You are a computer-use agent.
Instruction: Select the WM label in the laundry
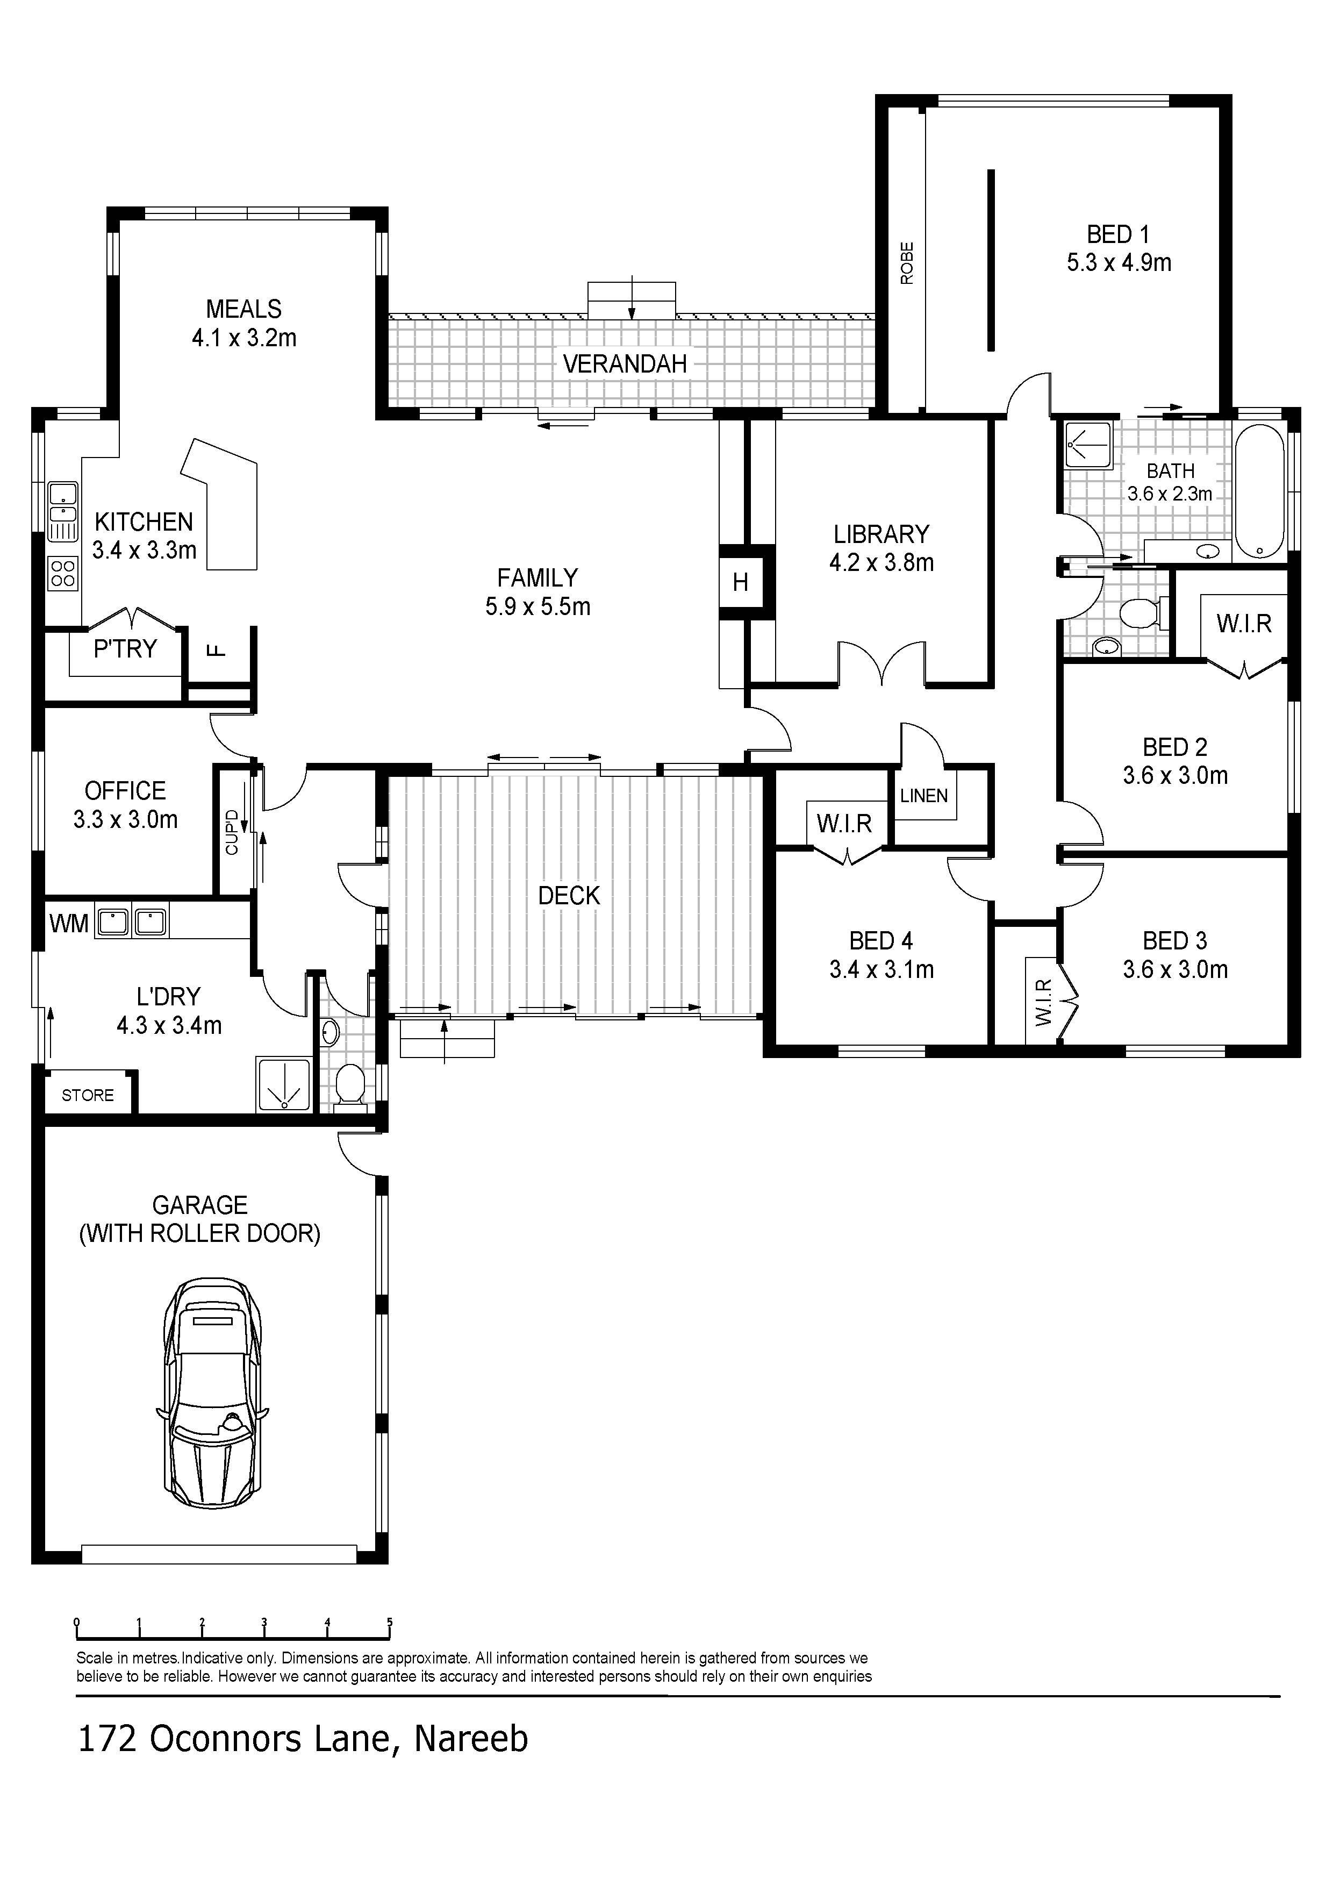pyautogui.click(x=68, y=923)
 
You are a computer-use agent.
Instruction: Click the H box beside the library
pyautogui.click(x=741, y=582)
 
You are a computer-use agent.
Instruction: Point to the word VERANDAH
pyautogui.click(x=625, y=364)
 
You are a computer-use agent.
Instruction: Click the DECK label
pyautogui.click(x=569, y=895)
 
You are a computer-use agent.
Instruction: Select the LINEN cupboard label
pyautogui.click(x=924, y=795)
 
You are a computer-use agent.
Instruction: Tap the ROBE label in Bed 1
pyautogui.click(x=907, y=263)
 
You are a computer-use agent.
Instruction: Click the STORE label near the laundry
pyautogui.click(x=88, y=1095)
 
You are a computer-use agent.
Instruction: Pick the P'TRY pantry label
pyautogui.click(x=125, y=649)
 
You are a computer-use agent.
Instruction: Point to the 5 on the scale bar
pyautogui.click(x=389, y=1623)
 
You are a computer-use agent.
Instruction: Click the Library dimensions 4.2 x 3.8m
pyautogui.click(x=881, y=563)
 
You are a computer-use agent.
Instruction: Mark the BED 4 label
pyautogui.click(x=881, y=940)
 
